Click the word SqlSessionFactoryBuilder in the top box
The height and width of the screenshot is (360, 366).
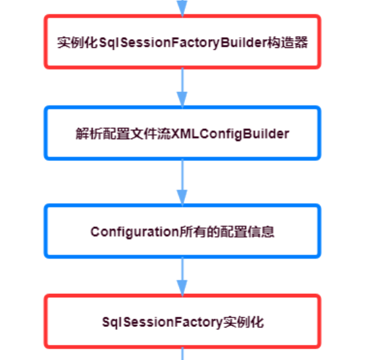tap(183, 43)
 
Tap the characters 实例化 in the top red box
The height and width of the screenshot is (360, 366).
tap(78, 43)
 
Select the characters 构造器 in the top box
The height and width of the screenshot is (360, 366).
tap(288, 43)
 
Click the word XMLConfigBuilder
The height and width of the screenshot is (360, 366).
tap(230, 134)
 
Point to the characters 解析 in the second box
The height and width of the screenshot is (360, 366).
tap(89, 134)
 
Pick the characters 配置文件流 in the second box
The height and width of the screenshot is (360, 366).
tap(137, 134)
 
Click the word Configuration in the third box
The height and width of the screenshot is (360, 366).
tap(134, 232)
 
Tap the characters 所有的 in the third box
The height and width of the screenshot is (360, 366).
tap(200, 232)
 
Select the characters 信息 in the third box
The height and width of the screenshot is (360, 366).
tap(261, 232)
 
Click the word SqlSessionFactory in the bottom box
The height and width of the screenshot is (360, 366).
tap(163, 323)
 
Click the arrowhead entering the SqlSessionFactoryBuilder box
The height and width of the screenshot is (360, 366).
tap(182, 8)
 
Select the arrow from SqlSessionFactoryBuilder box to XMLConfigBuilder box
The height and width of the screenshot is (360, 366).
tap(182, 88)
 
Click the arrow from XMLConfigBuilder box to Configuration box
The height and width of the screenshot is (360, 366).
tap(182, 182)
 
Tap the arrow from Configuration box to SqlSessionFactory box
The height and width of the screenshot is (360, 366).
tap(182, 277)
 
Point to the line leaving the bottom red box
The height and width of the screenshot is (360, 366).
tap(182, 354)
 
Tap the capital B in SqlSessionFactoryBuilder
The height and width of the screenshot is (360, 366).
tap(225, 43)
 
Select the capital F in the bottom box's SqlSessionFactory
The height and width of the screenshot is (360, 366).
tap(177, 322)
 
